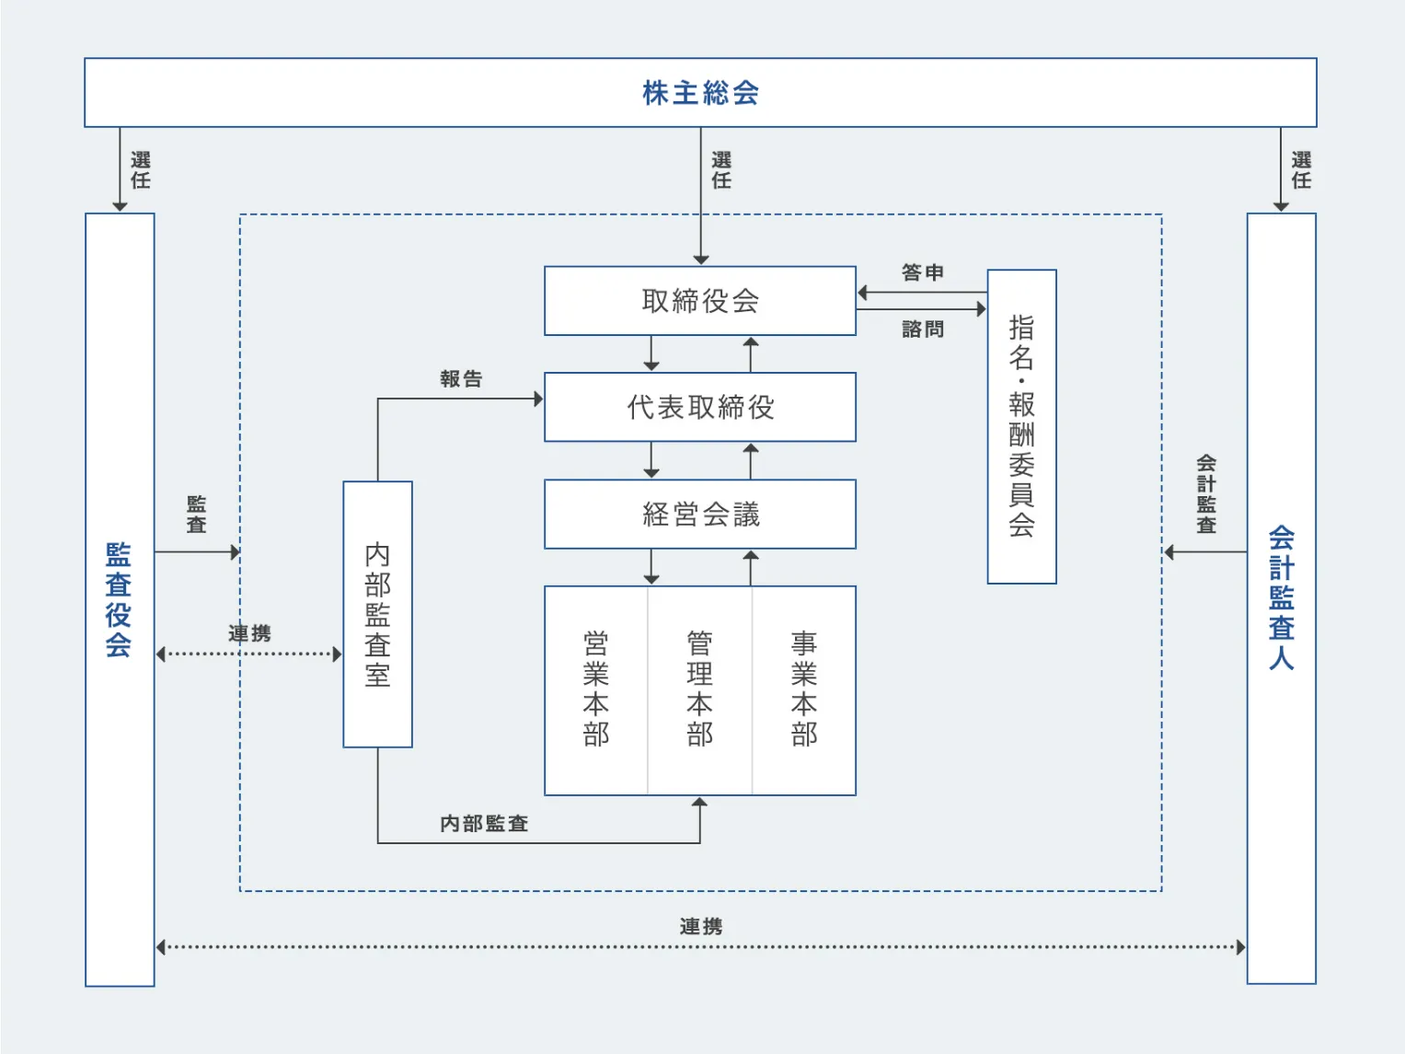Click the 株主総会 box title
(700, 93)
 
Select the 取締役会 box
(700, 301)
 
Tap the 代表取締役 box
(700, 407)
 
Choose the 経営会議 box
(700, 514)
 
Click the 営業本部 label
(596, 689)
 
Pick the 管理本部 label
(699, 689)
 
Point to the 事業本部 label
(803, 689)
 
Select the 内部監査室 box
(377, 614)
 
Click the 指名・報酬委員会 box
(1021, 426)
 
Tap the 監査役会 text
(119, 599)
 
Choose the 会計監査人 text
(1281, 597)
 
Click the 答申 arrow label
(922, 272)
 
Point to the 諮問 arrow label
(922, 329)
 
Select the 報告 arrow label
(461, 378)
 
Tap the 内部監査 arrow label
(484, 823)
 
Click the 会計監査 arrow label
(1205, 493)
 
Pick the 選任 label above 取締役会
(721, 170)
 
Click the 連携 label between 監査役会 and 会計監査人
(700, 926)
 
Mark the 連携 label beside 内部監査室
(249, 633)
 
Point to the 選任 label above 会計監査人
(1301, 170)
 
